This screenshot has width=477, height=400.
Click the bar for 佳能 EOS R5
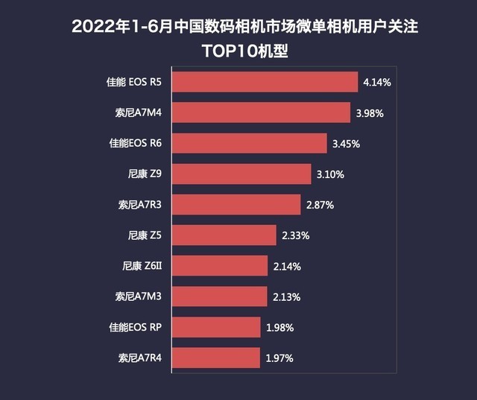(x=265, y=82)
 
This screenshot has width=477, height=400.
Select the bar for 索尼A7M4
(x=261, y=112)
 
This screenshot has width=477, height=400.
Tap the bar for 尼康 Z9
(x=241, y=174)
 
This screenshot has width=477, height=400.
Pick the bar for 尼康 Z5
(x=224, y=235)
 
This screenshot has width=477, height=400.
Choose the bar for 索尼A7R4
(x=216, y=358)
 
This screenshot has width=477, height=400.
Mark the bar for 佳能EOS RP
(x=216, y=327)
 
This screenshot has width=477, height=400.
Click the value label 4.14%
(x=377, y=82)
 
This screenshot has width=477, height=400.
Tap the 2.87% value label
(x=320, y=205)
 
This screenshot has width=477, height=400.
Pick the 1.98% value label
(x=279, y=327)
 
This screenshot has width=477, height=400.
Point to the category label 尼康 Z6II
(x=142, y=266)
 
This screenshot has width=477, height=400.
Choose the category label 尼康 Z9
(x=145, y=174)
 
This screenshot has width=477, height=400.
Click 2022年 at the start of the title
(x=100, y=28)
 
